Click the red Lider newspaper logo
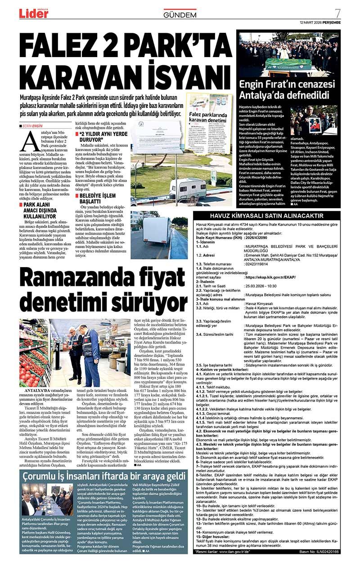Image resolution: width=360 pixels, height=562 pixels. coord(33,13)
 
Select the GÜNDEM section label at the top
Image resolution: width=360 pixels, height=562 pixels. coord(180,15)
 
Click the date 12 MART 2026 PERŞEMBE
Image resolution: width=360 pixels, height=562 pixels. coord(320,22)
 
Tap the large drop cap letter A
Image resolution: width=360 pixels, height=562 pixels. coord(28,143)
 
